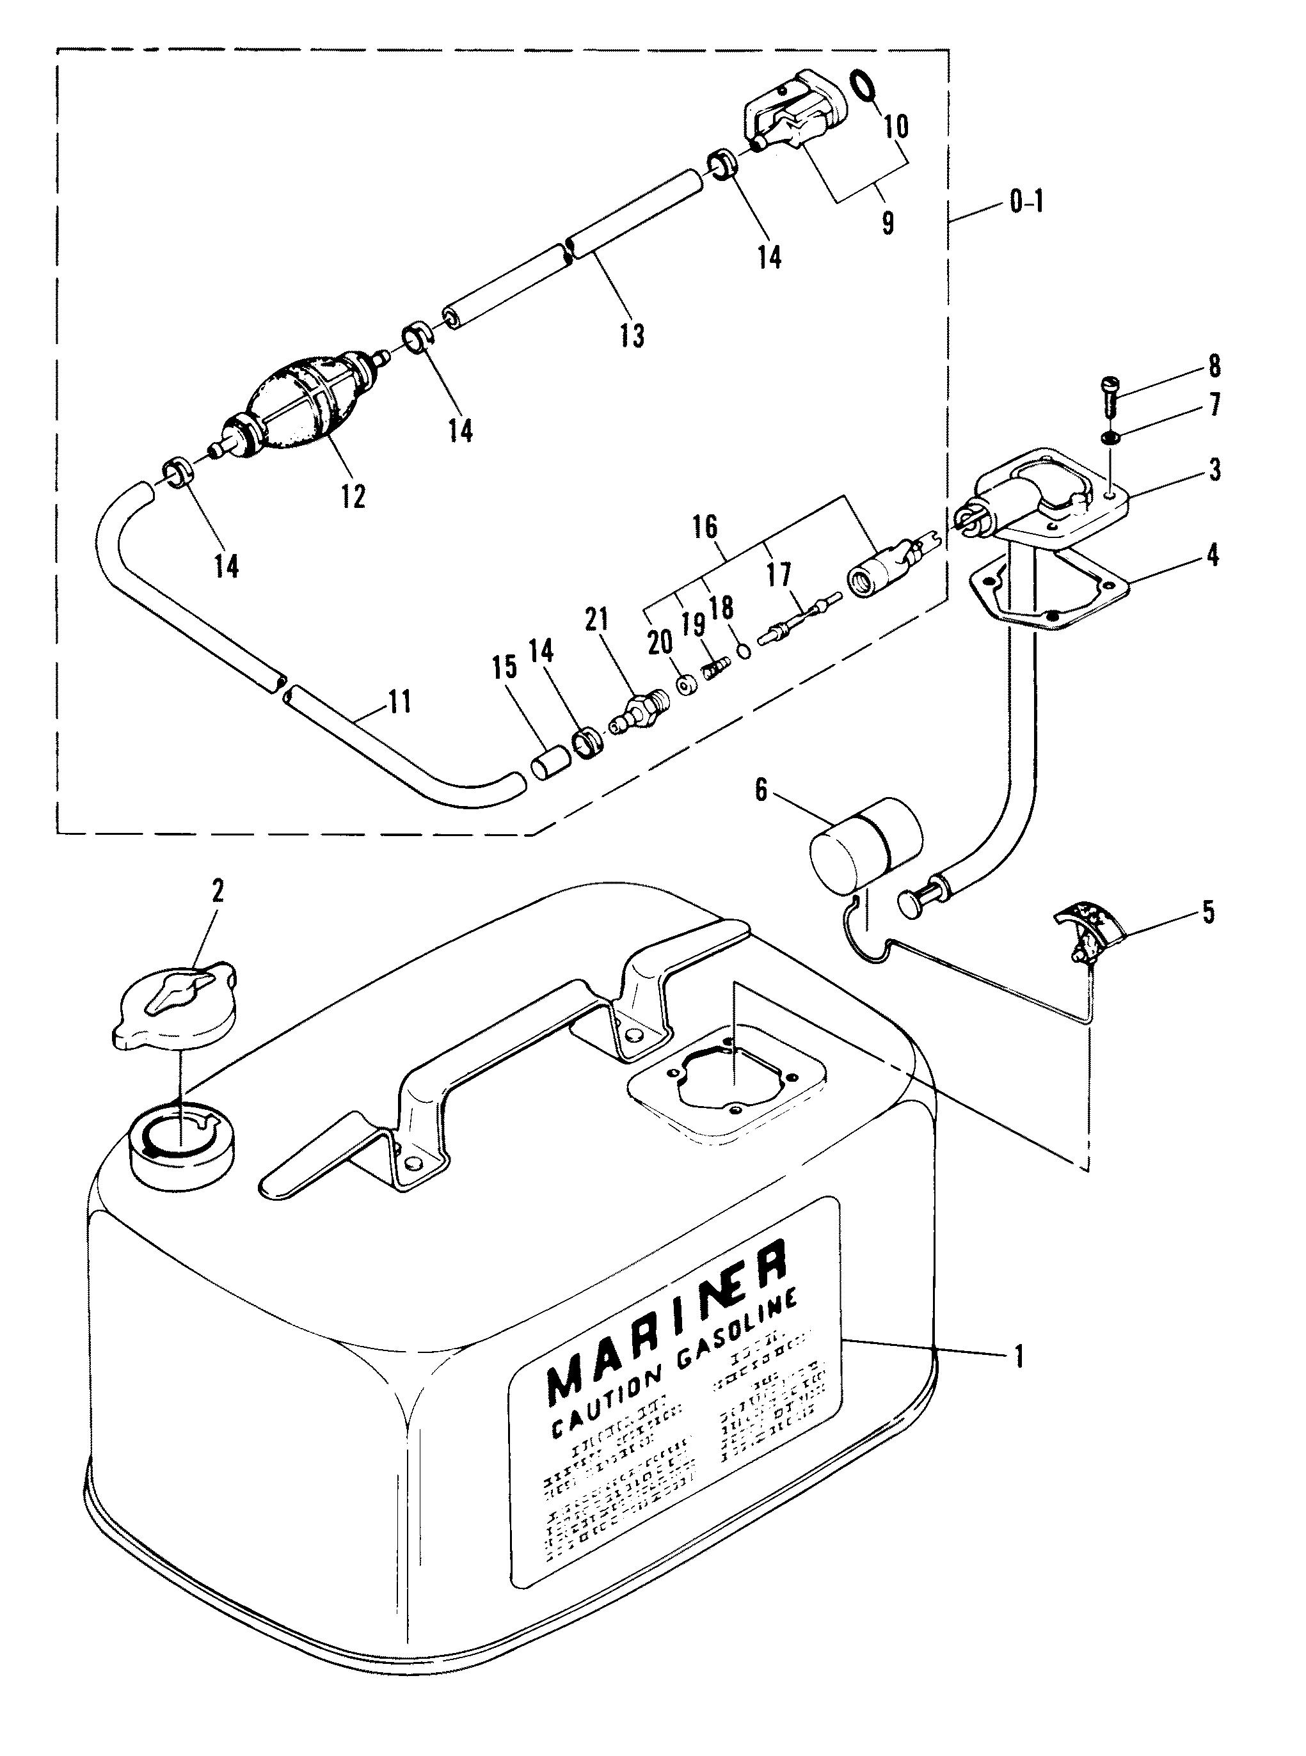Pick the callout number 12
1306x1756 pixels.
353,496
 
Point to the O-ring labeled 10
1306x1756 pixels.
864,85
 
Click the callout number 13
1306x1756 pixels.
632,335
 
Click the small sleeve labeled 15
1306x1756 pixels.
545,766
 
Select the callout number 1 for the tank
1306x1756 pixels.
1020,1357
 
